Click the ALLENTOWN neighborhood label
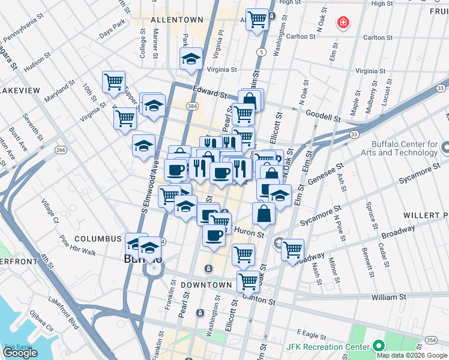176,20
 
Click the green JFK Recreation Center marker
378,346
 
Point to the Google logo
20,353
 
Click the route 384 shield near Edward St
191,106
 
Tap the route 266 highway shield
60,150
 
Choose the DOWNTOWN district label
207,284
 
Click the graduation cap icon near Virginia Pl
191,59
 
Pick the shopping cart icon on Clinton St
248,280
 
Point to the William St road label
388,297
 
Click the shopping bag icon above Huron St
263,213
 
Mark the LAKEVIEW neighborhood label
20,90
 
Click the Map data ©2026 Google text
412,355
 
